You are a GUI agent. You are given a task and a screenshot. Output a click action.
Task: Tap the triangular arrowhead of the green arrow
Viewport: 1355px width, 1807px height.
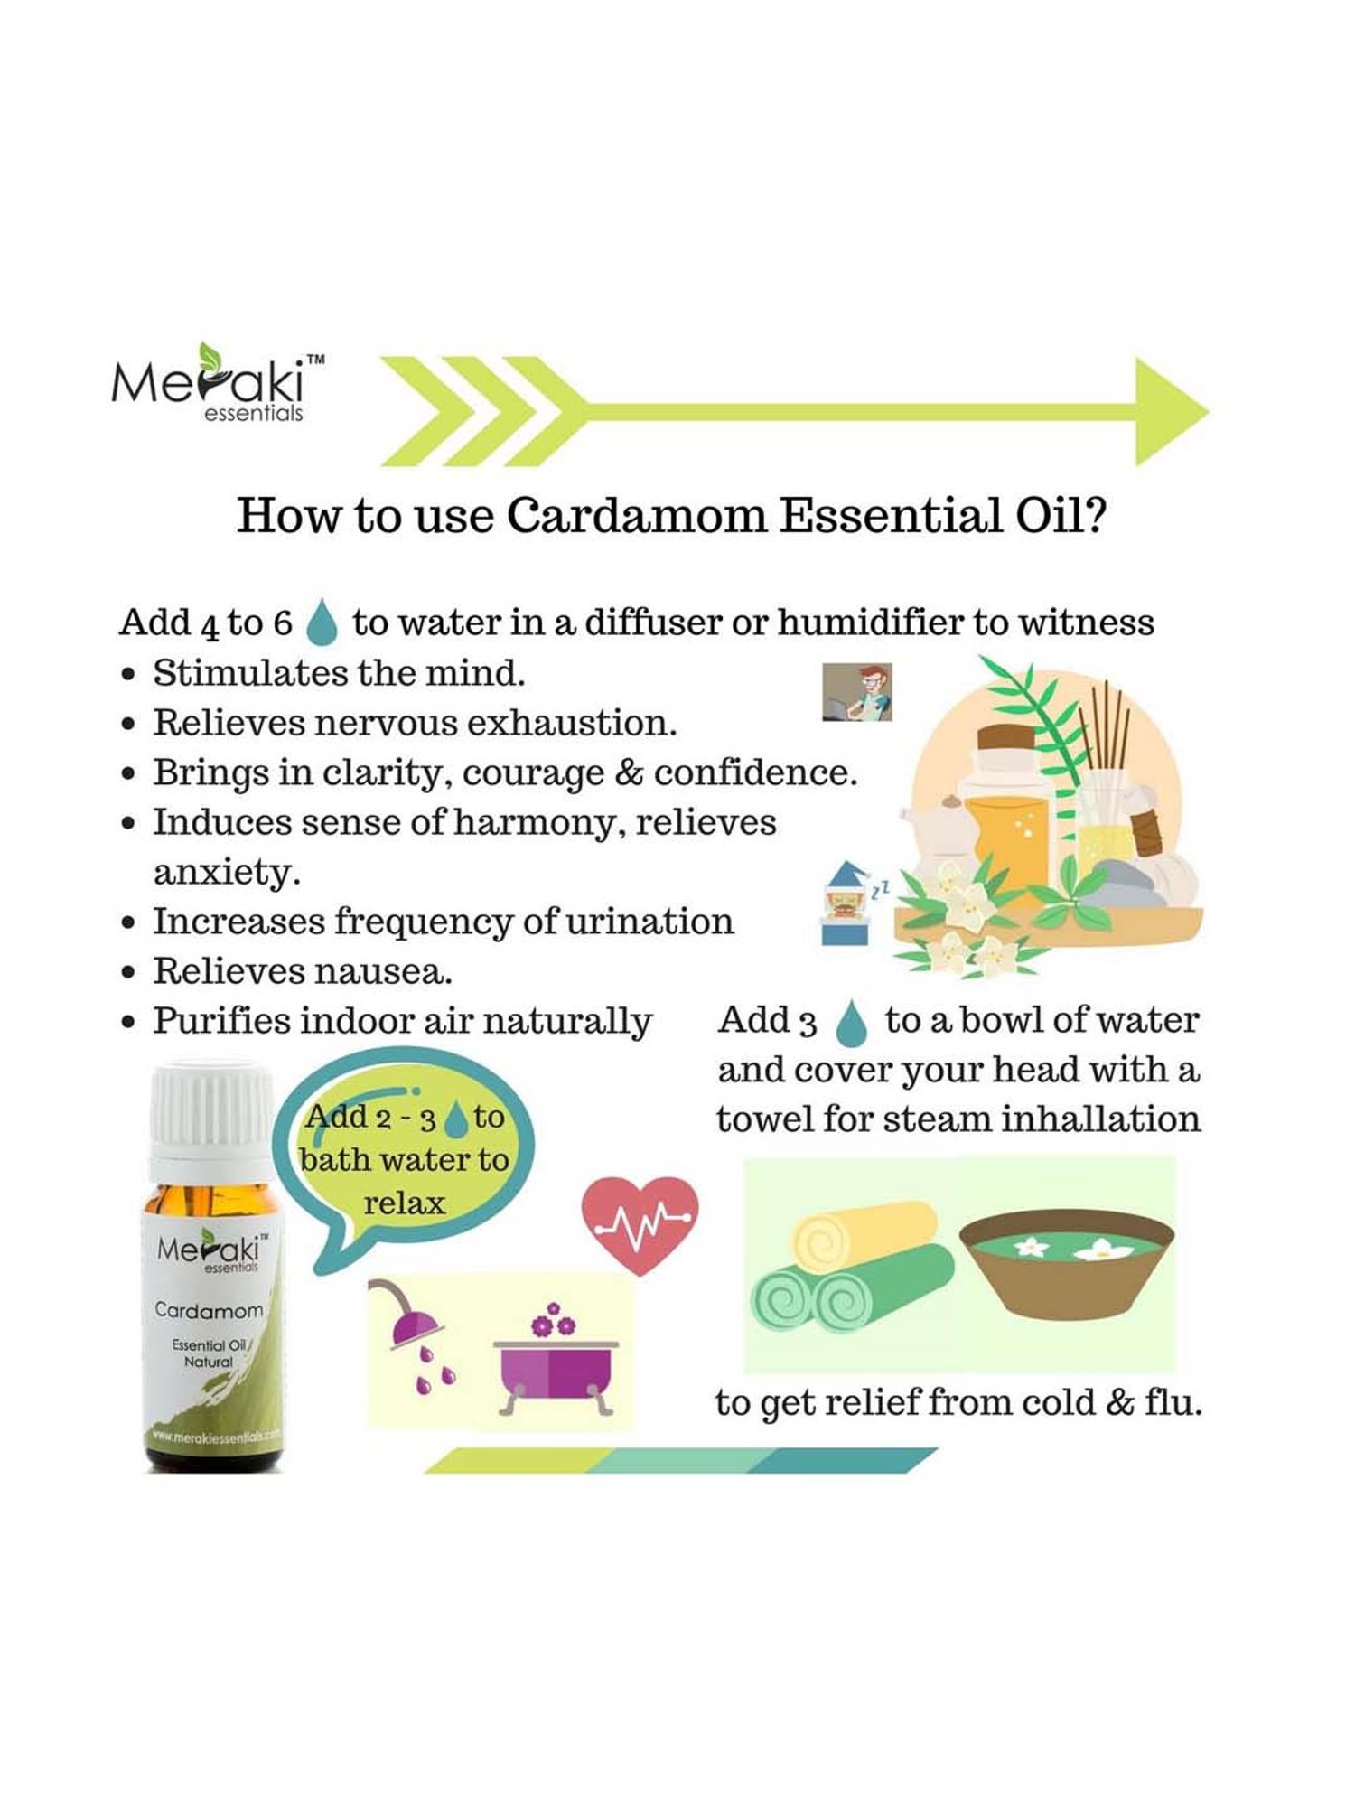coord(1169,412)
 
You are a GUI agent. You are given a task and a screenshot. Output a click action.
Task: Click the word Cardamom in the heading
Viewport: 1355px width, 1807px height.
coord(636,517)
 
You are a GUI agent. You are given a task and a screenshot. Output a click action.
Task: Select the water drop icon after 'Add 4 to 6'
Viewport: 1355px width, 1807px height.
coord(322,623)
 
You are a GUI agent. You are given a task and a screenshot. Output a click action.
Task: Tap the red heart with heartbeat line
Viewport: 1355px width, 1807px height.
coord(640,1223)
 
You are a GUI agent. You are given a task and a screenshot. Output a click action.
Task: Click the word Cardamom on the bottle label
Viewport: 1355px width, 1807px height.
coord(209,1310)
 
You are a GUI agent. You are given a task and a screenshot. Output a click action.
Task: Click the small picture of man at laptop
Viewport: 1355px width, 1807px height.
coord(856,692)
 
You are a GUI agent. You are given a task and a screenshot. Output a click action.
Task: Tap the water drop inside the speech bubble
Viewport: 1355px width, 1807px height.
coord(458,1118)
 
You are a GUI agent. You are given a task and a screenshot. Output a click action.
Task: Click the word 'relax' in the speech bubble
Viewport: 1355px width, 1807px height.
coord(404,1203)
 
